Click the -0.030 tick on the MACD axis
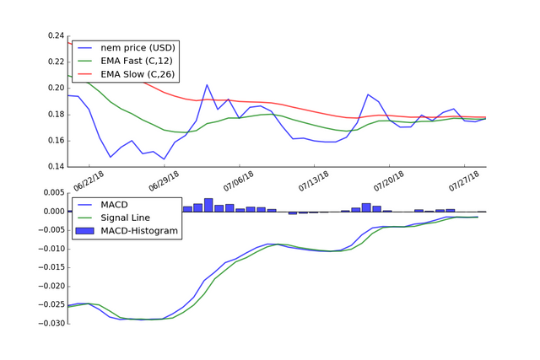coord(49,323)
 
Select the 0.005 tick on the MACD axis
coord(51,193)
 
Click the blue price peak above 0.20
coord(207,85)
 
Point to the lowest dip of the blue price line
coord(164,159)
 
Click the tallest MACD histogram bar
coord(208,205)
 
